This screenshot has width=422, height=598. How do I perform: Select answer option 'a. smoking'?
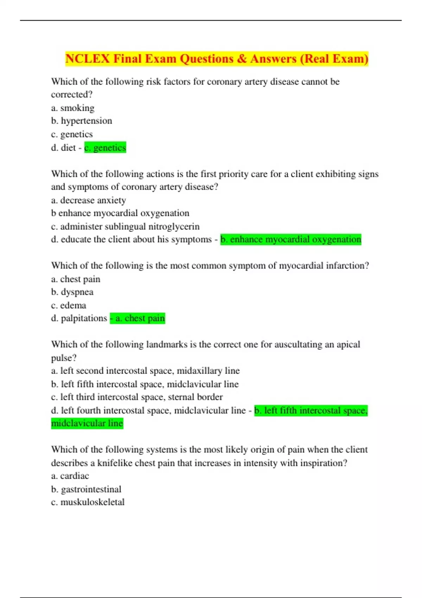pos(73,108)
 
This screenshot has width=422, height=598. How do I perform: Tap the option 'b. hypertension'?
pos(82,121)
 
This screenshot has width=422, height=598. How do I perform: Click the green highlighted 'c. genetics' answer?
pos(105,148)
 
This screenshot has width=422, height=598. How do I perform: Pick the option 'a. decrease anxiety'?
pos(88,201)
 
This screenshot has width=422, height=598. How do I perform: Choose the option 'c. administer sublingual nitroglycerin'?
pos(125,227)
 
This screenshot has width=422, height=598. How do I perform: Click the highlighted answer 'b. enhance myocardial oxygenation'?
pos(291,240)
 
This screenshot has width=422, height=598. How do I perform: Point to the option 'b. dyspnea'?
pos(72,292)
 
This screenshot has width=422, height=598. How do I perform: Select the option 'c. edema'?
pos(69,305)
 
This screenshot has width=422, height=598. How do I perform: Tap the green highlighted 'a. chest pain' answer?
pos(138,318)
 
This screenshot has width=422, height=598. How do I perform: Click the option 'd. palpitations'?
pos(79,318)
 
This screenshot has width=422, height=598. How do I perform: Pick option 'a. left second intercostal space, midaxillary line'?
pos(145,371)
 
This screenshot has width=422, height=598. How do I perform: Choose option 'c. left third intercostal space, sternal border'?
pos(137,397)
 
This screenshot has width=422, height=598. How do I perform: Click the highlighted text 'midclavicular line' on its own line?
pos(87,424)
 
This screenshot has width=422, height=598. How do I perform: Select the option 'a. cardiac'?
pos(70,476)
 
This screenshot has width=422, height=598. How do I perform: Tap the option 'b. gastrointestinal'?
pos(86,489)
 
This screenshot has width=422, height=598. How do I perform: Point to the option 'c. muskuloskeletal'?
pos(88,502)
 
